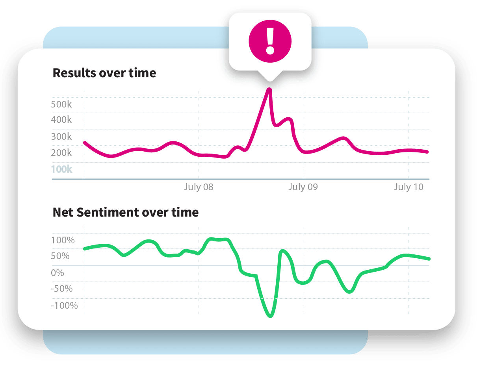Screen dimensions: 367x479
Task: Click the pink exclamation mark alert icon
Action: click(270, 40)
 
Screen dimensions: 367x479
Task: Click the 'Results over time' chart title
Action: click(104, 73)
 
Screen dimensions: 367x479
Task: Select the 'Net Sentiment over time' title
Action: click(126, 212)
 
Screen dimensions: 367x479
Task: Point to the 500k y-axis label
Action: click(61, 104)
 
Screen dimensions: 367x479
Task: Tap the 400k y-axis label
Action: click(61, 120)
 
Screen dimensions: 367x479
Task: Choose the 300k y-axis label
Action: click(61, 137)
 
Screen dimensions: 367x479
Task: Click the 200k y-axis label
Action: click(61, 153)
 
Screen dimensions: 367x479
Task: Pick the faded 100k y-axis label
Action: click(61, 169)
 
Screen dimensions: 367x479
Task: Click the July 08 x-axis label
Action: click(199, 187)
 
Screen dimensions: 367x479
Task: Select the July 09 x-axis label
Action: click(303, 187)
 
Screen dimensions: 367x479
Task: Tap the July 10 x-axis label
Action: click(408, 187)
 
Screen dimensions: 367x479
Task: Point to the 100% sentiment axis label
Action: click(63, 240)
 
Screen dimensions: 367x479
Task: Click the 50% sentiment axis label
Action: click(61, 256)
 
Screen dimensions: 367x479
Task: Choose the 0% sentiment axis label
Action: click(58, 272)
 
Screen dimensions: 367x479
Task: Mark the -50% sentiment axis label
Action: click(62, 289)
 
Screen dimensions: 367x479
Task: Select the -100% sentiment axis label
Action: click(65, 306)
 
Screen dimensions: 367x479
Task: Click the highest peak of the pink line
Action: click(269, 90)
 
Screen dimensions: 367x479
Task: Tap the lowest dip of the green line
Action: click(270, 315)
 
